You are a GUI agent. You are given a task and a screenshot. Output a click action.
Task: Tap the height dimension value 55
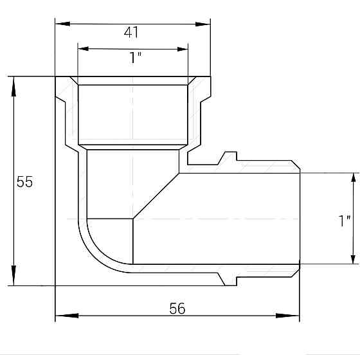click(x=24, y=182)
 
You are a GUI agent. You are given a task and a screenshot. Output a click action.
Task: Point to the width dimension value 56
click(x=177, y=309)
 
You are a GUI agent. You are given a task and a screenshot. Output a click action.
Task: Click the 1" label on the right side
click(x=345, y=221)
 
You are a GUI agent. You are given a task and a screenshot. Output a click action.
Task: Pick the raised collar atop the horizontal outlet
click(x=228, y=158)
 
